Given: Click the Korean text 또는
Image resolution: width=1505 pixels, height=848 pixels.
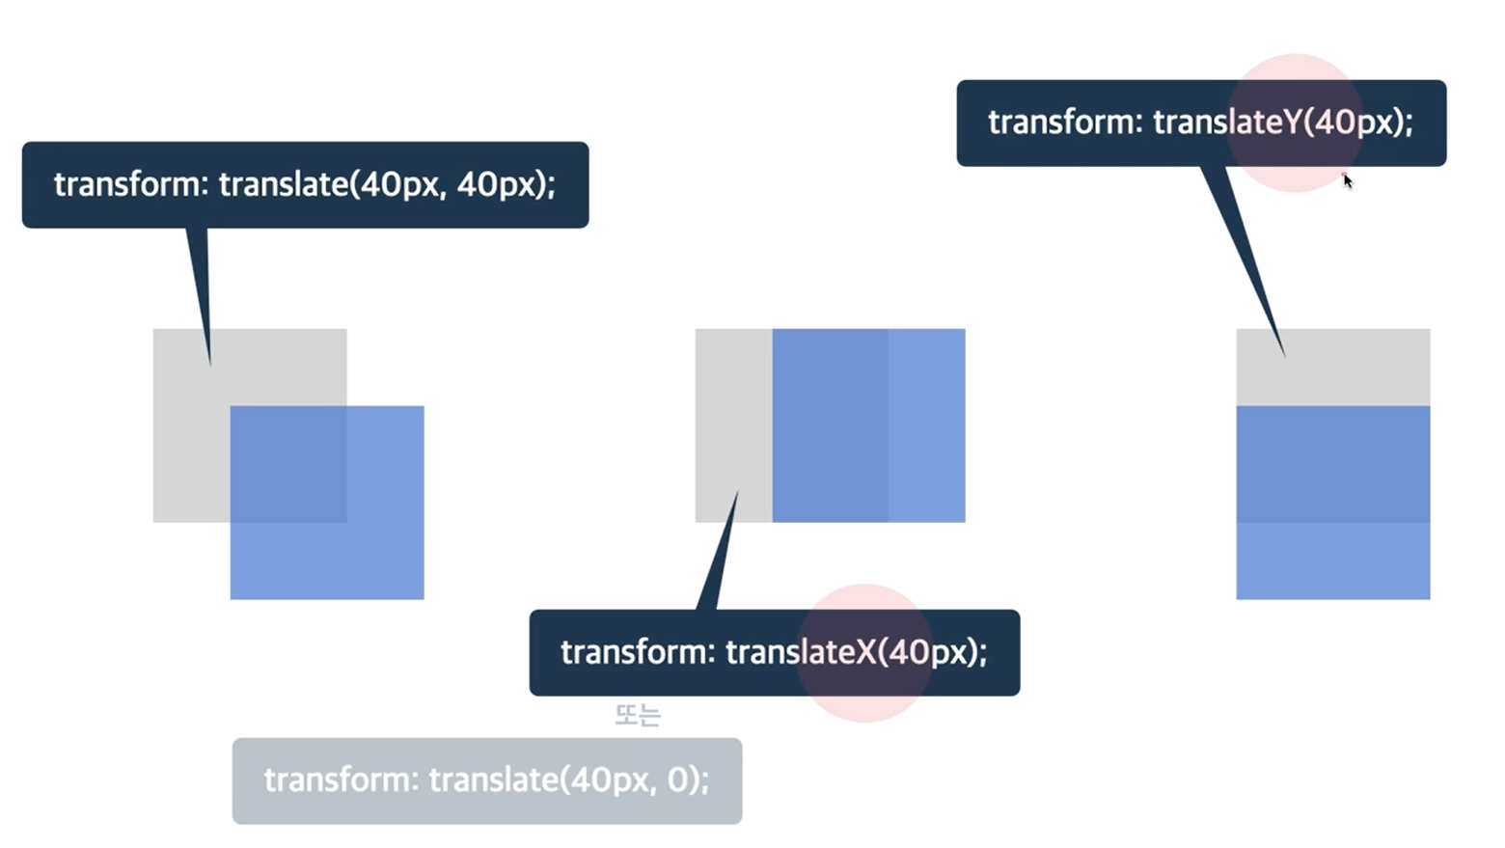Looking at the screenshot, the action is [638, 715].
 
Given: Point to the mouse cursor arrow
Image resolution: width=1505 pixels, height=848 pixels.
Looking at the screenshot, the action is [1348, 180].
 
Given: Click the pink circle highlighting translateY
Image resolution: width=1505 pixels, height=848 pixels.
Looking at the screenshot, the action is [1294, 123].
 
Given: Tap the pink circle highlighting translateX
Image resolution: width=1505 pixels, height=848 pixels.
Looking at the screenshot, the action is [863, 652].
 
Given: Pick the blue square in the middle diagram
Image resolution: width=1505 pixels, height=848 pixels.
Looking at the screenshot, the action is [868, 425].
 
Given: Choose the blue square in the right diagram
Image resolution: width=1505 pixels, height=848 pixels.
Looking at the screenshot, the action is [1333, 502].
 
